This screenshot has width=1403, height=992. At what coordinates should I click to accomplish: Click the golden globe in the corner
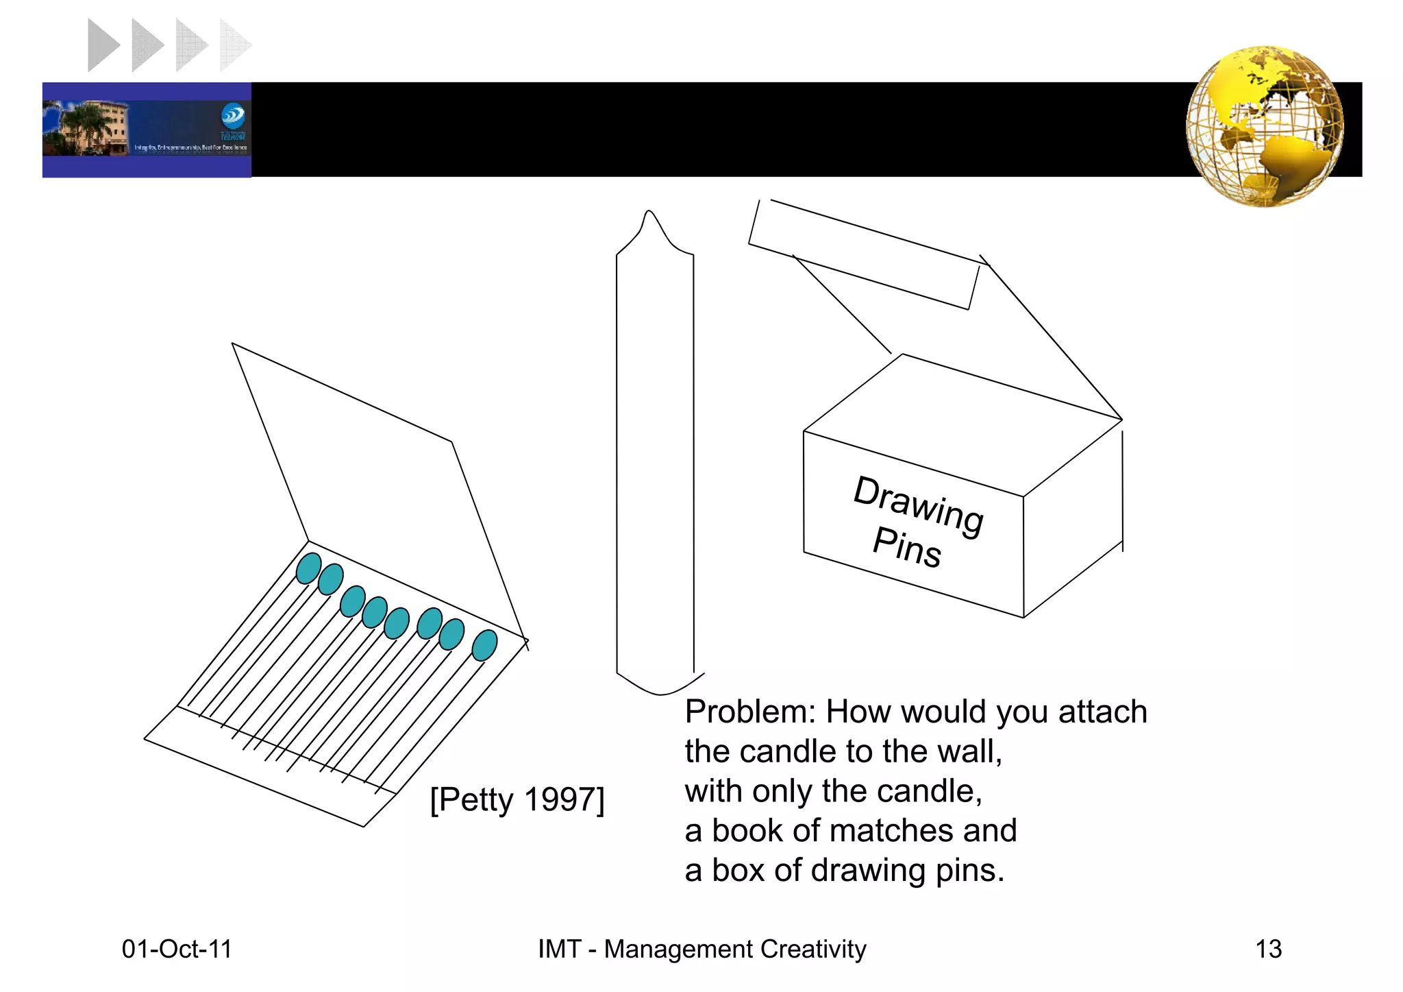click(1265, 126)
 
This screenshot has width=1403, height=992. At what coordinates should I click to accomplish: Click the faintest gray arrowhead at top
click(233, 45)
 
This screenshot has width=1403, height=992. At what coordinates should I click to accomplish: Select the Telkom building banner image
click(147, 130)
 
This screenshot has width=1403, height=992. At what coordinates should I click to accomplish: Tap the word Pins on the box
click(907, 548)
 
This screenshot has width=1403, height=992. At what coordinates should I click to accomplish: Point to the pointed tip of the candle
click(649, 216)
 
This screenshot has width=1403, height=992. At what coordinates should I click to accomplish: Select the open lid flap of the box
click(865, 255)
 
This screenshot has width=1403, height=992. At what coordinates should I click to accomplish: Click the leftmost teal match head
click(308, 568)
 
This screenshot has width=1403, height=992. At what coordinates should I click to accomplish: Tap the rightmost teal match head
click(484, 645)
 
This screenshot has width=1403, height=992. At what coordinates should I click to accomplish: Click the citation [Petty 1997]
click(517, 799)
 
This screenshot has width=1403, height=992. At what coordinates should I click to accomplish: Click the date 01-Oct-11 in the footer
click(177, 949)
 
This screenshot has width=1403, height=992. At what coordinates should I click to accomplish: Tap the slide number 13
click(1268, 949)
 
